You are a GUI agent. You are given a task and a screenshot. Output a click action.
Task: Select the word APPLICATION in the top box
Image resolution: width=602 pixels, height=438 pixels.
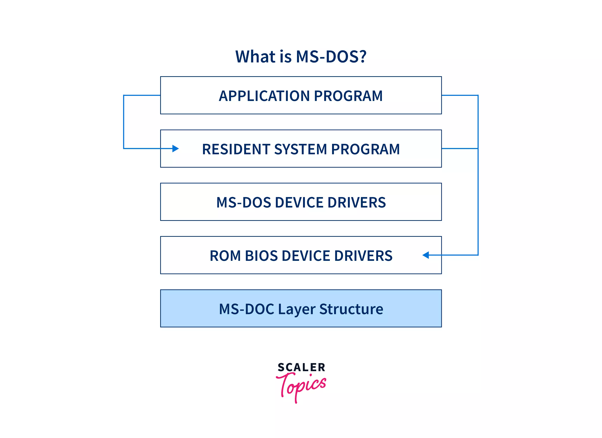264,96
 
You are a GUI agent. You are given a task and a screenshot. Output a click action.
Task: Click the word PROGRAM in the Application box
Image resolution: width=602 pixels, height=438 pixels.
348,96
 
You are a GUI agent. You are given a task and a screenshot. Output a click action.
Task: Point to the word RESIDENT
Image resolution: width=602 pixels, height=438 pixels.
236,149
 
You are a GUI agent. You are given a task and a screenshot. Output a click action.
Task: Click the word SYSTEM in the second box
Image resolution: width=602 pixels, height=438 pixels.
301,149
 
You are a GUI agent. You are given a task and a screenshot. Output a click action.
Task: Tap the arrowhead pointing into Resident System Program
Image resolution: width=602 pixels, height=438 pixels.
175,149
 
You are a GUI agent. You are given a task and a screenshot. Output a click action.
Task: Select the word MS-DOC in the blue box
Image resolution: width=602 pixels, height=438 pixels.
246,309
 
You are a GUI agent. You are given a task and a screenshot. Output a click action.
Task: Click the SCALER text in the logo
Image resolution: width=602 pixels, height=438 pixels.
301,367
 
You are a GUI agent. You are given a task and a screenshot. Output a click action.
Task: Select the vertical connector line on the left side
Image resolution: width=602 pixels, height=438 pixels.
124,122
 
